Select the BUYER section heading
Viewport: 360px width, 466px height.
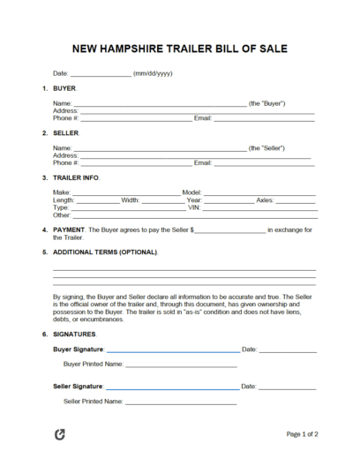65,89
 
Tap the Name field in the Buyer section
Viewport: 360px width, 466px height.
159,104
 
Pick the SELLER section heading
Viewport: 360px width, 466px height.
67,133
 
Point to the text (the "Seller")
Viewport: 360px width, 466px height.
268,147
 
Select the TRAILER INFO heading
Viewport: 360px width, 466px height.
77,177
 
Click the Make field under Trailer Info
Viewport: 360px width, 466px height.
124,192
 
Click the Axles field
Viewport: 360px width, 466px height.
296,200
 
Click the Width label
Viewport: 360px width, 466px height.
131,200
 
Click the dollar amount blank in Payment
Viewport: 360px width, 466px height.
228,230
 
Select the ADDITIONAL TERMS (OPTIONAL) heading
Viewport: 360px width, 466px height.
106,252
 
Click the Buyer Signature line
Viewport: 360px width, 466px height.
172,350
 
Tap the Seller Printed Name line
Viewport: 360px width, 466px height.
181,402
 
